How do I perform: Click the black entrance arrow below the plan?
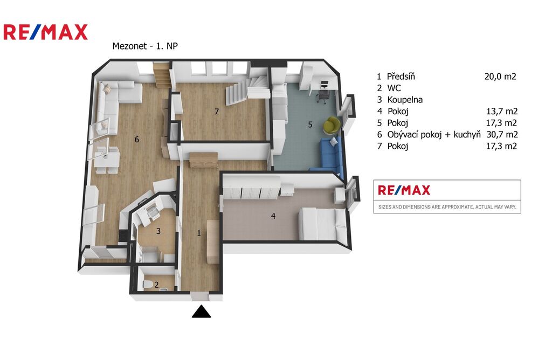202,312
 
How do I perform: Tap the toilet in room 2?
147,284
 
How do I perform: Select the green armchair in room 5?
332,125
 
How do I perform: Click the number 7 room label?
217,112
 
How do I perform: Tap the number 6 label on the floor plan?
136,140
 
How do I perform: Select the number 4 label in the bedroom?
273,216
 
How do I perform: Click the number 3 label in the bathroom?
158,231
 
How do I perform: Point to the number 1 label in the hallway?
199,233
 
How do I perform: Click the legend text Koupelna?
405,100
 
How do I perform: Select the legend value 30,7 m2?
502,134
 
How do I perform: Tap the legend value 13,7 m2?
502,111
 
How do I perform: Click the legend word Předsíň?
401,77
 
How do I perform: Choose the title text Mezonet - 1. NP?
145,46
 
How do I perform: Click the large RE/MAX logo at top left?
45,32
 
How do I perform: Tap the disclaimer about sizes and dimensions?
447,207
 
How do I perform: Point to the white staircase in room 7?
247,89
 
